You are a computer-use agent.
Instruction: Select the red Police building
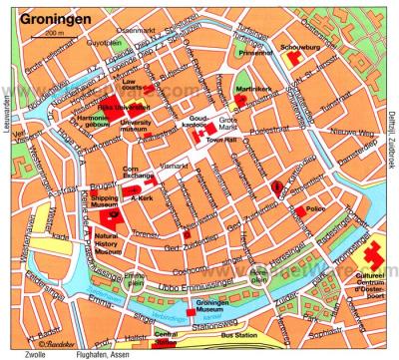coord(300,211)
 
